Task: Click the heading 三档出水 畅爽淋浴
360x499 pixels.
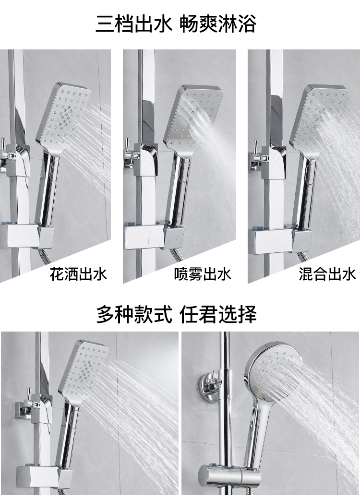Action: point(176,24)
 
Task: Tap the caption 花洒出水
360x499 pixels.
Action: point(78,274)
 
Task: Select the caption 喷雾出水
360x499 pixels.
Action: point(203,274)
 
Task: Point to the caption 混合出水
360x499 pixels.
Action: point(327,274)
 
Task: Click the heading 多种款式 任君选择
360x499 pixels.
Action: point(176,314)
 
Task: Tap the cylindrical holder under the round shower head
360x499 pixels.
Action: point(228,474)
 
